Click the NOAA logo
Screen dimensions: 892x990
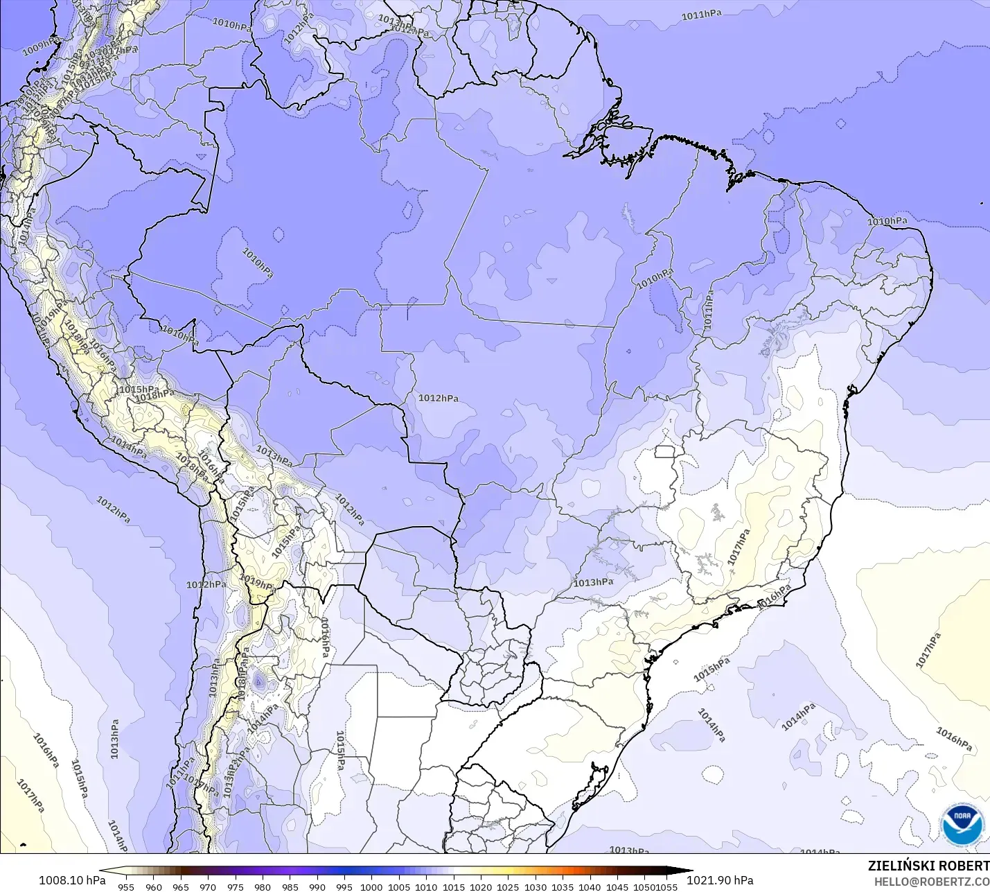tap(962, 825)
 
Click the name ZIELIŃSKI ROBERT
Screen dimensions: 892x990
tap(928, 866)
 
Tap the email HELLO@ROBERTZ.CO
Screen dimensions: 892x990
tap(931, 882)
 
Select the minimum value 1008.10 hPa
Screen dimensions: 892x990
tap(72, 880)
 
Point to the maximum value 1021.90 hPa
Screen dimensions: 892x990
tap(720, 880)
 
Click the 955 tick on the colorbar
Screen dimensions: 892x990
tap(126, 886)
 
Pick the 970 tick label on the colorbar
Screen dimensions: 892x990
tap(208, 886)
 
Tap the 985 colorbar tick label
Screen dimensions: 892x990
tap(290, 886)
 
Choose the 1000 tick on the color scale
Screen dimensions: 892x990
tap(371, 886)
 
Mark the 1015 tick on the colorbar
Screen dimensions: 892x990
tap(453, 886)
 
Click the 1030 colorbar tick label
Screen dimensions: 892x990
tap(535, 886)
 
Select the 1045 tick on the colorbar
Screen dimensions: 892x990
tap(617, 886)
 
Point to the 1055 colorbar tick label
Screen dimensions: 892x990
tap(667, 886)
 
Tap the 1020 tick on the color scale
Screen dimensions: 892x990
tap(481, 886)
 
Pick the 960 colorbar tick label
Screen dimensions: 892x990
tap(154, 886)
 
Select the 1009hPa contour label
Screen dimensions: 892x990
tap(41, 46)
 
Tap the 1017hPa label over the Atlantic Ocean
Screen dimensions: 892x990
tap(928, 651)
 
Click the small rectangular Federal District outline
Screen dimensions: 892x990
tap(664, 452)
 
